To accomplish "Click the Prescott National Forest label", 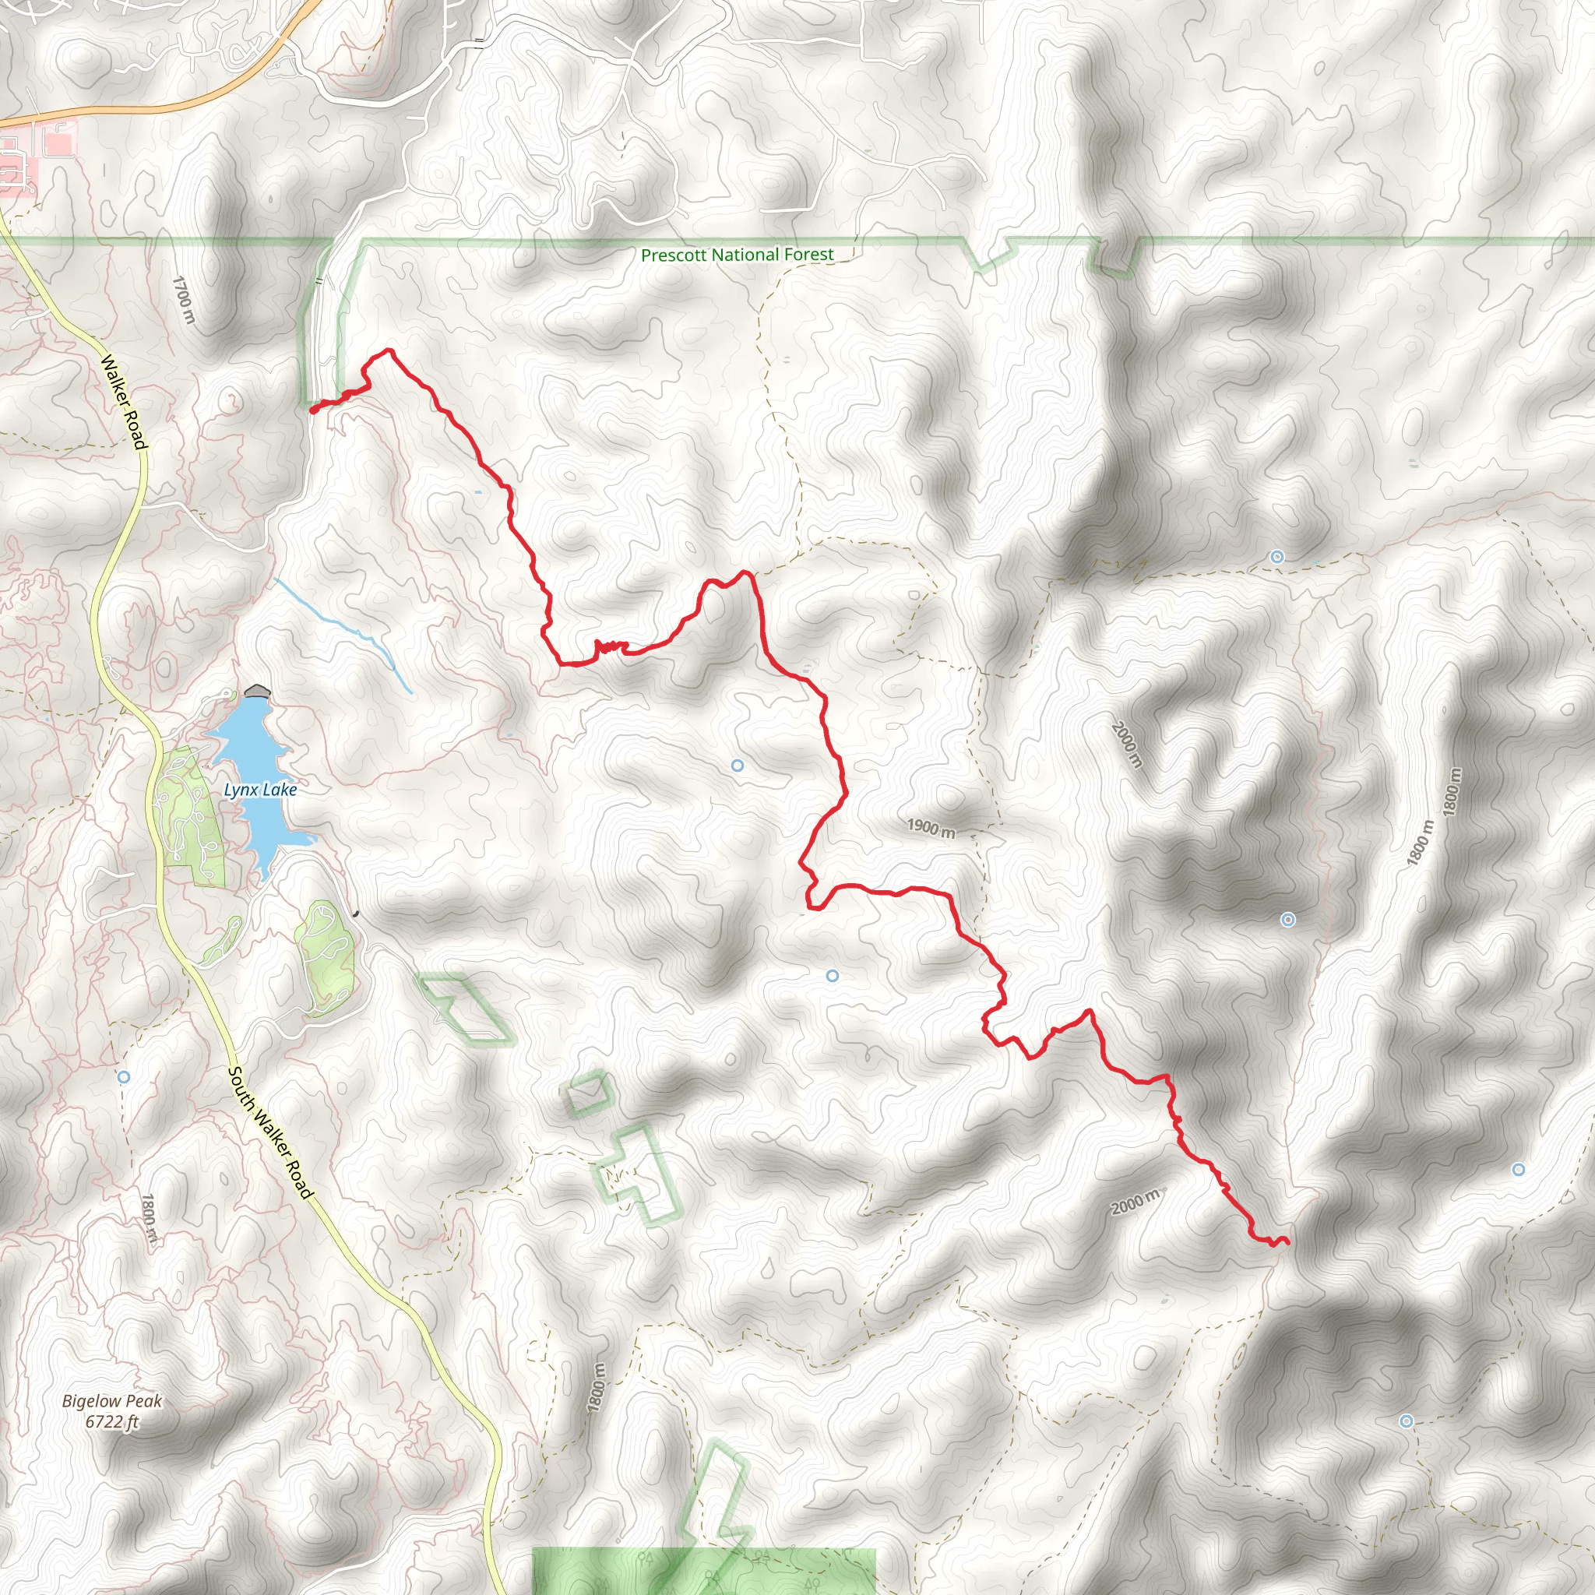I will click(738, 255).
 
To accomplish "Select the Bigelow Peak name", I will click(112, 1402).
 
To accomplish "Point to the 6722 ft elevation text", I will click(112, 1421).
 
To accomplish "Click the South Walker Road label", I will click(271, 1132).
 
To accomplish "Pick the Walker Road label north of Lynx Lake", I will click(123, 402).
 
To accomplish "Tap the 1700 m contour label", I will click(183, 300).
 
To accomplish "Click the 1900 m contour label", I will click(931, 827).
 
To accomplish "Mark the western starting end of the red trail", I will click(313, 408).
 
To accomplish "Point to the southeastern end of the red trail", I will click(1287, 1241).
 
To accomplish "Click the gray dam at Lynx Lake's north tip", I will click(258, 691).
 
